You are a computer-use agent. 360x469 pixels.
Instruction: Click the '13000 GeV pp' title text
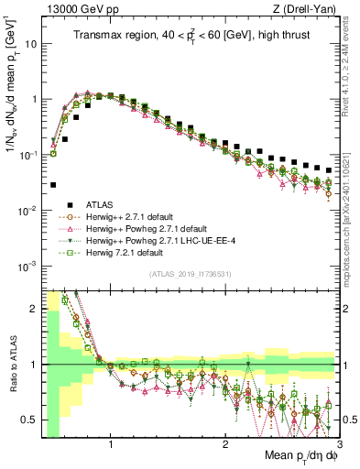point(76,8)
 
